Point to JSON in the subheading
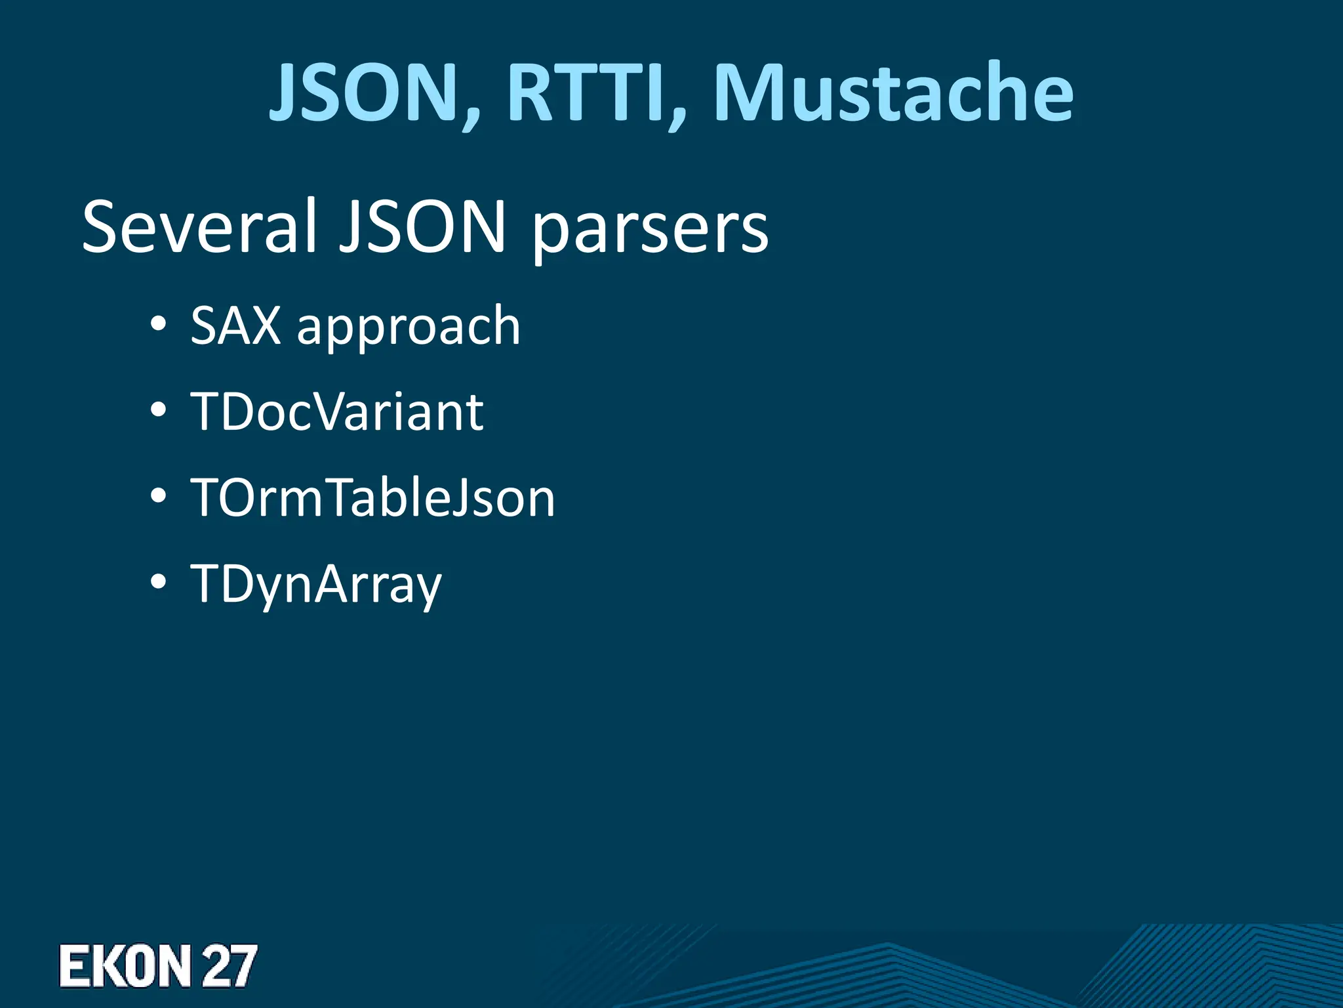point(423,226)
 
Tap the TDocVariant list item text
point(337,411)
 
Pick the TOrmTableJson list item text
point(372,498)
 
